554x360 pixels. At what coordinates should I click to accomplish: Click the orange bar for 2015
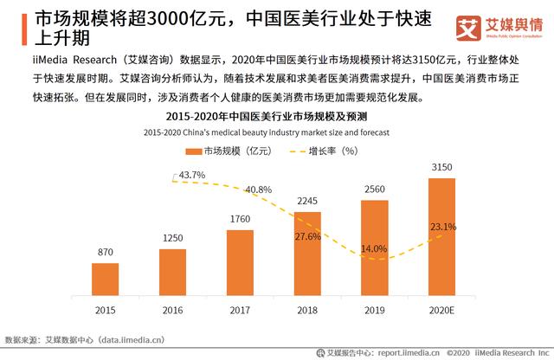(x=105, y=279)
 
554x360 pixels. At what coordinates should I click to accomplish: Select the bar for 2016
(x=172, y=272)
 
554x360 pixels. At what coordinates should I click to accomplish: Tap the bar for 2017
(x=240, y=262)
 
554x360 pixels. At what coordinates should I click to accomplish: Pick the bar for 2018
(x=307, y=254)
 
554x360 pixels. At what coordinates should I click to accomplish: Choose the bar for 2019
(x=374, y=247)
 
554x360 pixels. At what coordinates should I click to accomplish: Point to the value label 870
(x=105, y=252)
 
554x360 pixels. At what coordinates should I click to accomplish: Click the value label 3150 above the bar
(x=441, y=166)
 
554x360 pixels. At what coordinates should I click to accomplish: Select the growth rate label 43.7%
(x=190, y=175)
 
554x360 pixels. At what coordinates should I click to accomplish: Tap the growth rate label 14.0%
(x=374, y=248)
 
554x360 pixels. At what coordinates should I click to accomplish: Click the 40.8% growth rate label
(x=258, y=189)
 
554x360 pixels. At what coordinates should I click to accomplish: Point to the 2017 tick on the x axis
(x=240, y=308)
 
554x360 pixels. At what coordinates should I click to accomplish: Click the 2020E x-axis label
(x=441, y=308)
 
